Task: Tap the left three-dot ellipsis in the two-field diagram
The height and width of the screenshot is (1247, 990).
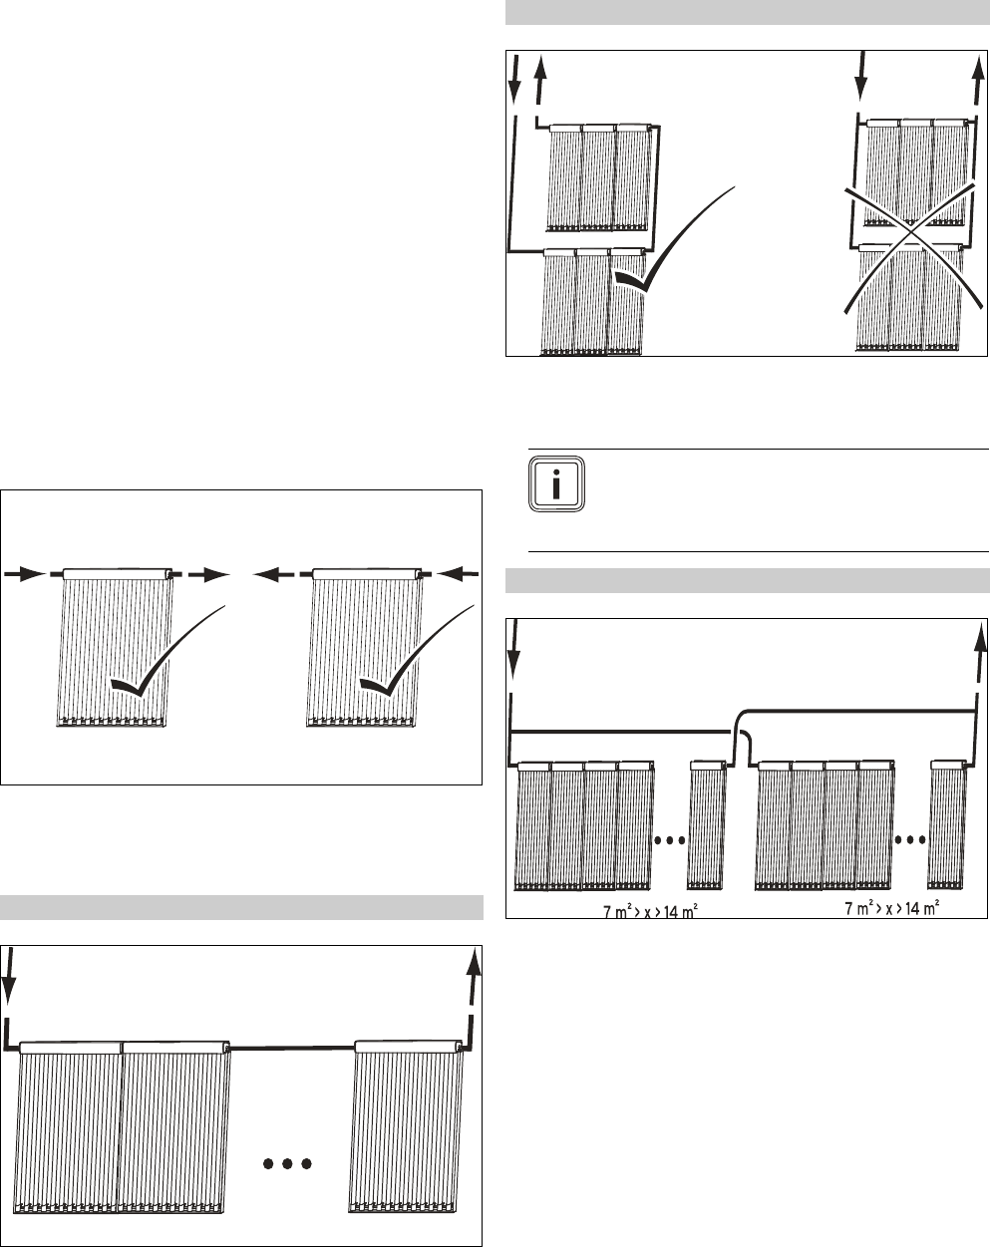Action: coord(670,839)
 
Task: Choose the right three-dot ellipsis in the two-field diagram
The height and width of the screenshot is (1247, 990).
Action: coord(909,839)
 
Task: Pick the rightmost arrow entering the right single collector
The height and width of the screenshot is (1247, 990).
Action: coord(454,573)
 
